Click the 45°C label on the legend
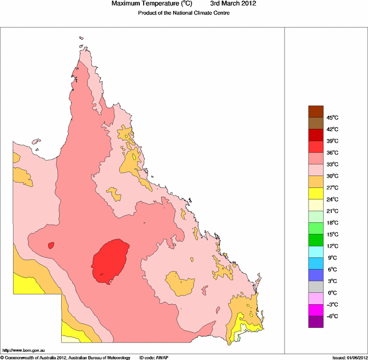[x=333, y=118]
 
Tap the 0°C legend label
[x=332, y=293]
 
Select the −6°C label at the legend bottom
[x=333, y=316]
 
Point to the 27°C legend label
[x=333, y=188]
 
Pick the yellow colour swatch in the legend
[x=316, y=193]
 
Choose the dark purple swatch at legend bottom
[x=316, y=322]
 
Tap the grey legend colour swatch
[x=316, y=287]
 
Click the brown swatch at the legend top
[x=316, y=111]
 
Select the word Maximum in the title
[x=127, y=4]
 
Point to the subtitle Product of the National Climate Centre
[x=183, y=13]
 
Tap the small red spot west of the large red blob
[x=51, y=245]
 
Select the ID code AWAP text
[x=154, y=357]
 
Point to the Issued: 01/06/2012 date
[x=349, y=357]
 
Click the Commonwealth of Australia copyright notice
[x=66, y=357]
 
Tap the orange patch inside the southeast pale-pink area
[x=180, y=284]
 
